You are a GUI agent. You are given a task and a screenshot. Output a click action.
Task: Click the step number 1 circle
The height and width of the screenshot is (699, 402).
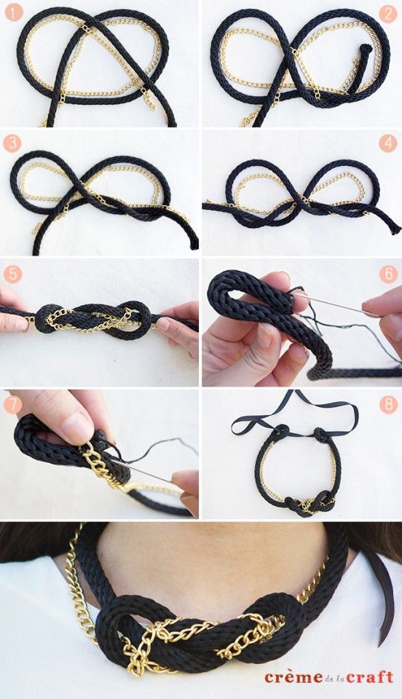12,12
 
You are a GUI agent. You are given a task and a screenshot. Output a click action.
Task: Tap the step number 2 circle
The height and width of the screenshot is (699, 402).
388,12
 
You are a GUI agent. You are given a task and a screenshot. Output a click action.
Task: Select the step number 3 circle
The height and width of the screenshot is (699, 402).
12,142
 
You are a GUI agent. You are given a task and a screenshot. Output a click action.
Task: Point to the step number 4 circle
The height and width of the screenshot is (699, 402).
388,142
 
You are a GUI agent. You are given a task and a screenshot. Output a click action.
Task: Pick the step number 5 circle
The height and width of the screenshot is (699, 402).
12,275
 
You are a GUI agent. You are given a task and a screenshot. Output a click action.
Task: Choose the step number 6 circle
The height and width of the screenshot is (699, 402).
388,275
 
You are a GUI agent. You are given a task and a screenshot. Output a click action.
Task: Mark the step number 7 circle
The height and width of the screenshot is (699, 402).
12,403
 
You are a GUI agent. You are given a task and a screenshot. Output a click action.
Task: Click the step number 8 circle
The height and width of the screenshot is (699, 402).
388,403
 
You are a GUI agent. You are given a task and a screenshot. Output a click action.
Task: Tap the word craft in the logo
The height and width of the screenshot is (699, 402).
371,677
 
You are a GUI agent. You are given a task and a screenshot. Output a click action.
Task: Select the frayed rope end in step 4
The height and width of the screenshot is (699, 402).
394,228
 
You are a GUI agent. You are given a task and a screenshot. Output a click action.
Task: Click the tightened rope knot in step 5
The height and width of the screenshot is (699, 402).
95,319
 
